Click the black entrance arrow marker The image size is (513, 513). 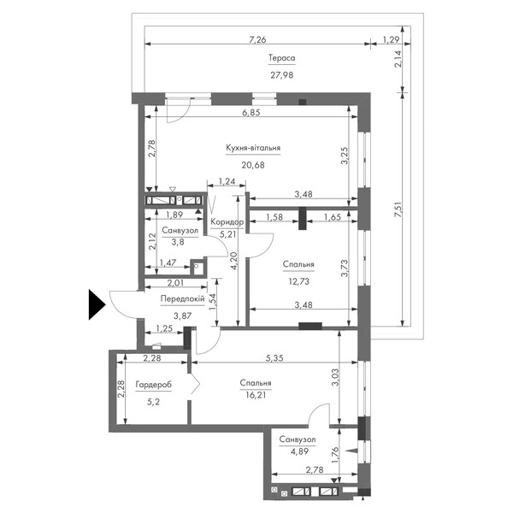click(97, 304)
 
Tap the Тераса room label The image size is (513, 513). click(281, 58)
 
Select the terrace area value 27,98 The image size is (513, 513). click(281, 75)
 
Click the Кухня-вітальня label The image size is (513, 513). click(253, 148)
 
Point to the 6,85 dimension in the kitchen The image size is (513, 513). click(251, 113)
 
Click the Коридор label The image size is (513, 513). click(227, 222)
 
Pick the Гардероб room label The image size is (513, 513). click(153, 385)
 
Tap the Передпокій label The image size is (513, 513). click(183, 298)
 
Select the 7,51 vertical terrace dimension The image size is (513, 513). click(398, 209)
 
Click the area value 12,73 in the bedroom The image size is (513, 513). click(298, 281)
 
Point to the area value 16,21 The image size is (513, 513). click(256, 395)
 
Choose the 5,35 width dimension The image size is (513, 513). click(274, 358)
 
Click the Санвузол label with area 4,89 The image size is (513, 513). click(298, 439)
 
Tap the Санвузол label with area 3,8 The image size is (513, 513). click(180, 231)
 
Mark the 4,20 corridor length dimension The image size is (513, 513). click(233, 261)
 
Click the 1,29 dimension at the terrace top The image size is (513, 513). click(391, 39)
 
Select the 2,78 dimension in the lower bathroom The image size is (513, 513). click(314, 470)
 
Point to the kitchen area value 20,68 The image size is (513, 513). click(253, 165)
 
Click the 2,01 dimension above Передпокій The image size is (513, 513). click(175, 283)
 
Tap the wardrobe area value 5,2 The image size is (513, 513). click(153, 402)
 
